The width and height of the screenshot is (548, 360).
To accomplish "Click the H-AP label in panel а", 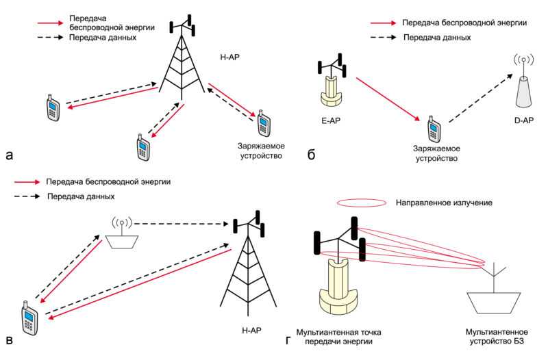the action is [x=229, y=57].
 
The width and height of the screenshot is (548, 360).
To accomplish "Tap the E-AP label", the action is [x=331, y=121].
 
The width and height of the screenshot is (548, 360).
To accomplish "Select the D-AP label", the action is [x=524, y=120].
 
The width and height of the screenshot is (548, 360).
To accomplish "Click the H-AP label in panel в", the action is [x=251, y=330].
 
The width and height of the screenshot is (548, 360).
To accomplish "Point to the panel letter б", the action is [x=311, y=155].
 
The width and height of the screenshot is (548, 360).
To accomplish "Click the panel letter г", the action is [x=288, y=340].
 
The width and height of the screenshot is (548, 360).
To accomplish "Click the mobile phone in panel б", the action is [x=434, y=129].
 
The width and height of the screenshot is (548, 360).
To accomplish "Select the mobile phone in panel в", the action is [x=29, y=318].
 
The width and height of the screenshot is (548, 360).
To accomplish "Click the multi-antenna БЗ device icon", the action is [x=493, y=288].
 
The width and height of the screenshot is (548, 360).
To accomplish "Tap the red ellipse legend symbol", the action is [x=362, y=203].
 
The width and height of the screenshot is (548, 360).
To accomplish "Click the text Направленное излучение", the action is [x=444, y=203].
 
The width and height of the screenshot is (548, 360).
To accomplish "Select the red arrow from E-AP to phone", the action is [x=388, y=99].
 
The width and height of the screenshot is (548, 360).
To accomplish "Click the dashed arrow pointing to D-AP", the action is [x=482, y=98].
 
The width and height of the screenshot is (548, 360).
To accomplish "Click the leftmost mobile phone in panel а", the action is [x=53, y=107].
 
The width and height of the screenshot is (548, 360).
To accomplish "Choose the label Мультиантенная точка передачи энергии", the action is [x=338, y=337].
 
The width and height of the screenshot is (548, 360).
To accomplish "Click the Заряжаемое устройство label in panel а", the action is [x=261, y=151].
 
